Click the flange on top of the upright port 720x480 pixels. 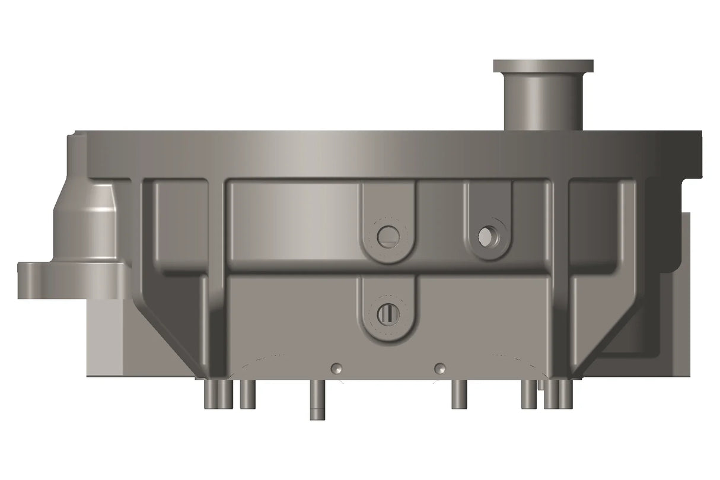[x=543, y=65]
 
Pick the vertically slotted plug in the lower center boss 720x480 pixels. [x=388, y=313]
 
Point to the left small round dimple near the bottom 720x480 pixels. [x=337, y=368]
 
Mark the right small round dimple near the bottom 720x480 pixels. [x=439, y=368]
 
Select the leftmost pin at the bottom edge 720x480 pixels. [x=211, y=394]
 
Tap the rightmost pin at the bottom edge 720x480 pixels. [x=565, y=394]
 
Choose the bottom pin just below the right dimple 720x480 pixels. [x=458, y=394]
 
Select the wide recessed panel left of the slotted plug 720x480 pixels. [x=294, y=220]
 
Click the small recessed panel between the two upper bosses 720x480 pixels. [x=440, y=220]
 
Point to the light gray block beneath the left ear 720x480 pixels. [x=107, y=338]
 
